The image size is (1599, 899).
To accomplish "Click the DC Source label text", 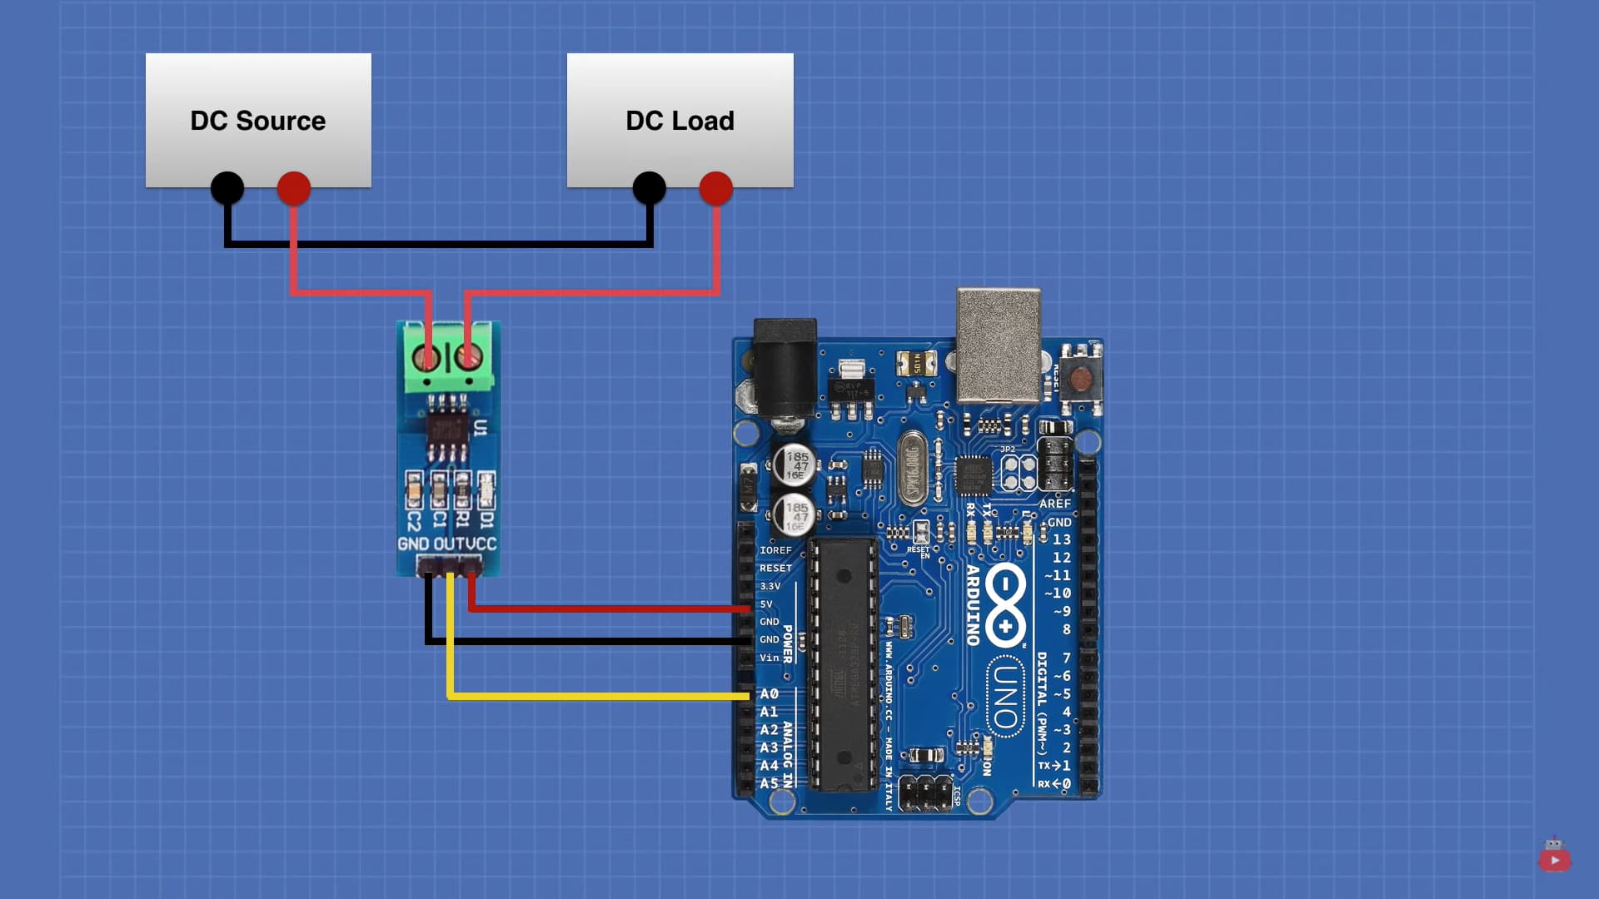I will click(257, 121).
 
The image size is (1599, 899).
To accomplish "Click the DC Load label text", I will click(680, 121).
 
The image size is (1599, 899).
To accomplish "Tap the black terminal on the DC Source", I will click(227, 188).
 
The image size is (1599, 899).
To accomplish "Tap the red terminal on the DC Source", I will click(294, 188).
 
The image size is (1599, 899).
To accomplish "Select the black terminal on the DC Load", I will click(649, 188).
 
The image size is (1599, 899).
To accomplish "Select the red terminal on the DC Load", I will click(716, 188).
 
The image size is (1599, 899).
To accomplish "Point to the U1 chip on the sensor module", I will click(448, 430).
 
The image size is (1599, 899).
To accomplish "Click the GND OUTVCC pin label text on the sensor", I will click(447, 544).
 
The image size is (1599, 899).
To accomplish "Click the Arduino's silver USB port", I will click(999, 345).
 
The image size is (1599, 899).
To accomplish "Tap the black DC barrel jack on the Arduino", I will click(785, 366).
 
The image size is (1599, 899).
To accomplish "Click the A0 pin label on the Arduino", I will click(769, 693).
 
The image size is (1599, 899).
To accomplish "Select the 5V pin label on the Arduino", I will click(766, 604).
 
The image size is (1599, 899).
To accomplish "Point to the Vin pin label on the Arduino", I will click(769, 658).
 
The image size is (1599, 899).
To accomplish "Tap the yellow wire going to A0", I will click(600, 696).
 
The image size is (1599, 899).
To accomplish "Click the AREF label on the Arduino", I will click(1054, 504).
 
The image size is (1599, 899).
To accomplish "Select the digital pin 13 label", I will click(1062, 539).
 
